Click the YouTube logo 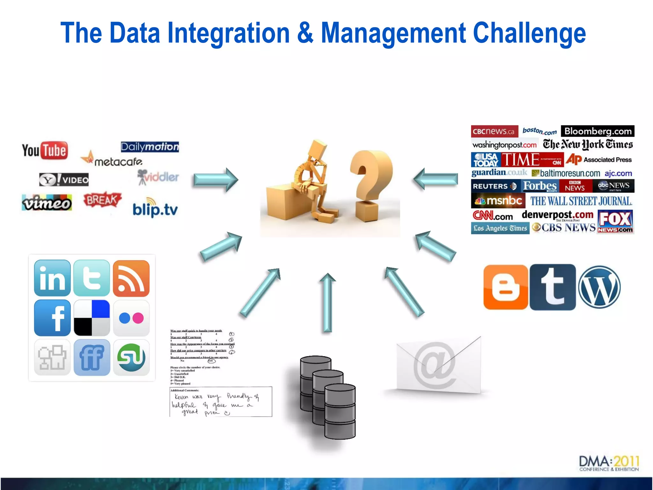pyautogui.click(x=45, y=150)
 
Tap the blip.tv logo pyautogui.click(x=155, y=209)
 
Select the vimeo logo pyautogui.click(x=47, y=203)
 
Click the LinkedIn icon pyautogui.click(x=52, y=278)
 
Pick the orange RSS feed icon pyautogui.click(x=131, y=278)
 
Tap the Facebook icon pyautogui.click(x=52, y=318)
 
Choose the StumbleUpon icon pyautogui.click(x=131, y=357)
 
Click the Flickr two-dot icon pyautogui.click(x=131, y=318)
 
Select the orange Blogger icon pyautogui.click(x=505, y=287)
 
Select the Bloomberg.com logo pyautogui.click(x=598, y=131)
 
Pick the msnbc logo pyautogui.click(x=498, y=201)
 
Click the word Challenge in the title pyautogui.click(x=529, y=33)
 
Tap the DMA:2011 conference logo pyautogui.click(x=609, y=464)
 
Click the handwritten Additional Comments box pyautogui.click(x=221, y=402)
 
